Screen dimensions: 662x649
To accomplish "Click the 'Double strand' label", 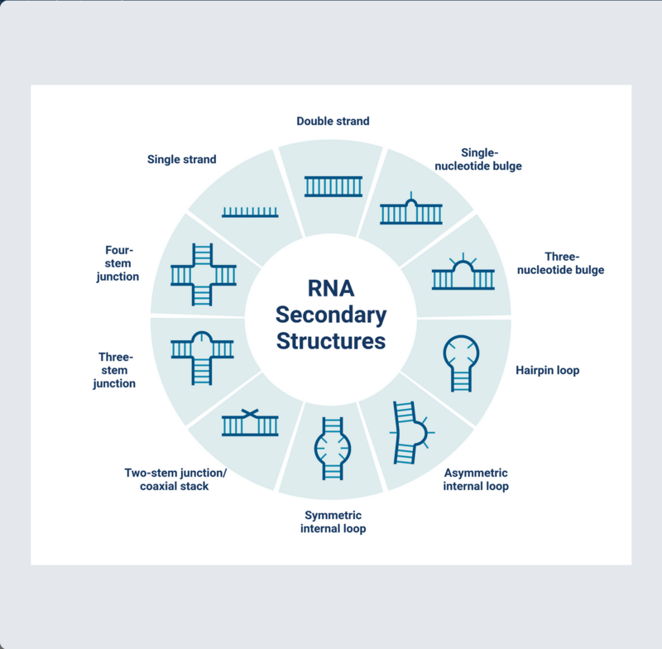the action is coord(333,121).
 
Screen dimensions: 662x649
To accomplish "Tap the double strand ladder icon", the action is coord(333,186).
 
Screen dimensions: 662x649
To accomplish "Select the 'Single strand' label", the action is coord(181,159).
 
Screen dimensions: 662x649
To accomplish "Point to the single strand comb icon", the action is coord(251,212).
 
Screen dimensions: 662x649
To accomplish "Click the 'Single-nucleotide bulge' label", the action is coord(478,159).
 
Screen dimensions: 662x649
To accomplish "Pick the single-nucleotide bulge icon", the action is coord(410,211).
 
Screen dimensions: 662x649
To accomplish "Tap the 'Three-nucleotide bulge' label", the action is coord(561,263).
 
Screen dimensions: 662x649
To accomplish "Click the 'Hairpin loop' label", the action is coord(548,370).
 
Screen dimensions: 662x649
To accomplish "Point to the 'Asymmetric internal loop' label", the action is coord(476,479).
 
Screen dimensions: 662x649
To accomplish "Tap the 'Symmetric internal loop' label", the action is coord(333,522).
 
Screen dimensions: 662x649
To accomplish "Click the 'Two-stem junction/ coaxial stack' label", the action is coord(175,479).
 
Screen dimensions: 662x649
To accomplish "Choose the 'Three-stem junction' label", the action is coord(114,370).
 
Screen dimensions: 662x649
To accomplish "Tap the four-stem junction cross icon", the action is coord(203,275).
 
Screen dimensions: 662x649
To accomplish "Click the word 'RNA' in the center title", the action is coord(331,289).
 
